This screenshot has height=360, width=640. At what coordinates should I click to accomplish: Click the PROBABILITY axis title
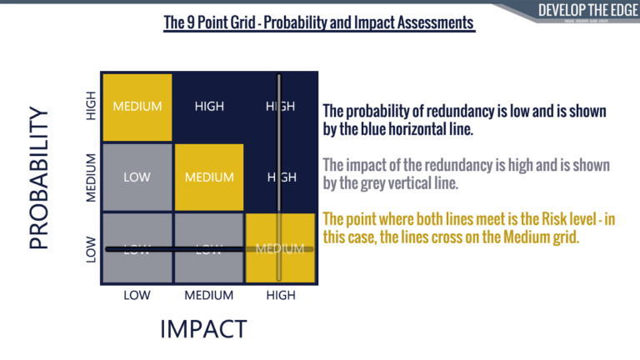pos(40,177)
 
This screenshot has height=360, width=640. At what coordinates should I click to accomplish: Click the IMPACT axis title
pos(202,328)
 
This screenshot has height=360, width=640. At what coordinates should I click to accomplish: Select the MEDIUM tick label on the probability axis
pos(92,177)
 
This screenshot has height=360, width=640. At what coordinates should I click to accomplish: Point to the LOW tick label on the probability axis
pos(92,249)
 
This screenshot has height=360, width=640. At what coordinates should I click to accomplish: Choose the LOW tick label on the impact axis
pos(137,295)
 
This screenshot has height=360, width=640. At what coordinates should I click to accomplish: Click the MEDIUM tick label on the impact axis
pos(207,295)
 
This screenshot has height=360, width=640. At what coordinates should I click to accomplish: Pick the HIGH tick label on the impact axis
pos(280,295)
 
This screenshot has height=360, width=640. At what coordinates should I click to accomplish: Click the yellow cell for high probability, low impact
pos(137,107)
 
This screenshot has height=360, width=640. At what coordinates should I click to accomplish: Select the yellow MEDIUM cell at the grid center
pos(209,177)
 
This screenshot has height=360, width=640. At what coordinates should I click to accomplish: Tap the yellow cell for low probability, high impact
pos(281,248)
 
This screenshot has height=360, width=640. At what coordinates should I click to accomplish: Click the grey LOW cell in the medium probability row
pos(137,177)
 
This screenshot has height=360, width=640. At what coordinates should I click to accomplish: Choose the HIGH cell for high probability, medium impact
pos(209,107)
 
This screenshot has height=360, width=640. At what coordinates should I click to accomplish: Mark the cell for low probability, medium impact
pos(209,248)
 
